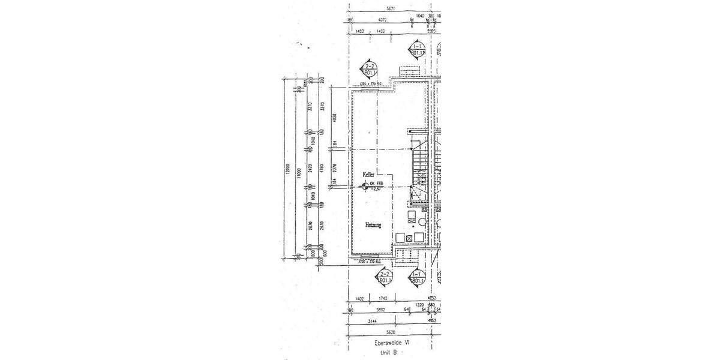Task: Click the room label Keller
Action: pos(368,174)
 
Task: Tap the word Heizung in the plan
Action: pos(374,225)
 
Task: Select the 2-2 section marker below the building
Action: pos(382,277)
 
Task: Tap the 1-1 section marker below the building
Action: pos(416,277)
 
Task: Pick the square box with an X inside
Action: pos(409,238)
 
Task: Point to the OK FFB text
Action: pos(376,184)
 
